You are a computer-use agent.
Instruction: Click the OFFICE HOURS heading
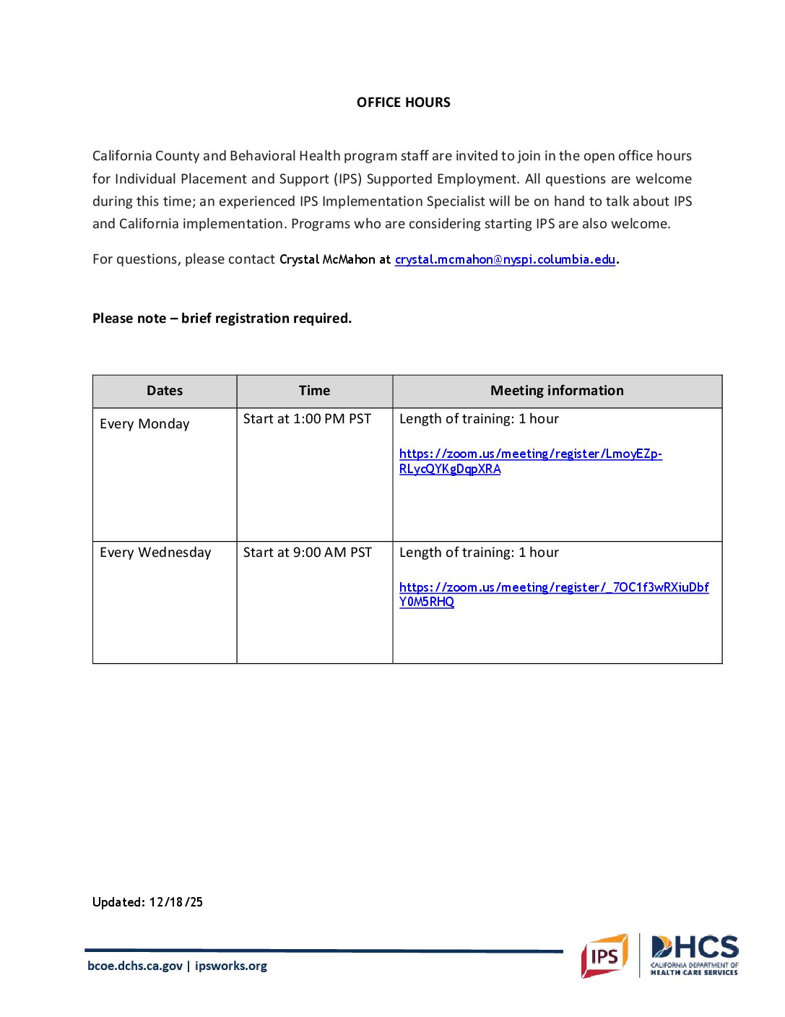(403, 103)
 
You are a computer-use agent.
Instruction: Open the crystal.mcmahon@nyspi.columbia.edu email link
(505, 259)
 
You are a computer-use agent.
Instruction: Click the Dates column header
(165, 391)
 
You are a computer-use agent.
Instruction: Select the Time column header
(314, 391)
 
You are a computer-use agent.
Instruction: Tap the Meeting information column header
(557, 391)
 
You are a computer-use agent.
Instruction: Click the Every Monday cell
(144, 424)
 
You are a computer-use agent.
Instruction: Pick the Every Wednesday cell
(155, 553)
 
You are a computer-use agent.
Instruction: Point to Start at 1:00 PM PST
(307, 419)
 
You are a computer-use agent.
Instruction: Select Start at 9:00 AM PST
(307, 553)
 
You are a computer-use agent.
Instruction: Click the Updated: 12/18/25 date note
(147, 902)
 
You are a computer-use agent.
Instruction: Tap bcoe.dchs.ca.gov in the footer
(135, 966)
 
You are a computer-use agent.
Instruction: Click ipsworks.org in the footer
(231, 966)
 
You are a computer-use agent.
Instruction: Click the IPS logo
(604, 956)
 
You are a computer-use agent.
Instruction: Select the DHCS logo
(694, 955)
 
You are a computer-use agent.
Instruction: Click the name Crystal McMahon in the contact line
(327, 259)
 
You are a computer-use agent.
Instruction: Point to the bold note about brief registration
(222, 319)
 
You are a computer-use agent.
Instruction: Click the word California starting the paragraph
(121, 156)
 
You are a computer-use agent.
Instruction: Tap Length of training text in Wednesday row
(479, 553)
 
